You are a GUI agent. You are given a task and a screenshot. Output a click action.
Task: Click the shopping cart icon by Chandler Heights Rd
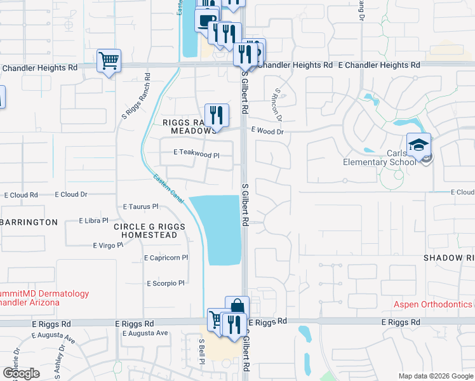click(109, 61)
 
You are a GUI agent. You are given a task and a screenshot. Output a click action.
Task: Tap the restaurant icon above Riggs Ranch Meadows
click(217, 115)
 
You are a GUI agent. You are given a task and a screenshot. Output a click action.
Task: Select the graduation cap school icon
click(419, 145)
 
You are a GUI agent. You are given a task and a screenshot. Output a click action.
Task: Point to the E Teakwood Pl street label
click(196, 153)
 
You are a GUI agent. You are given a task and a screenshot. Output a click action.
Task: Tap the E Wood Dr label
click(267, 130)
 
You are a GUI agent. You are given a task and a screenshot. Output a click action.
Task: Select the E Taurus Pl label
click(140, 207)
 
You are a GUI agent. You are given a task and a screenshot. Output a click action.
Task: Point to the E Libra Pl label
click(93, 220)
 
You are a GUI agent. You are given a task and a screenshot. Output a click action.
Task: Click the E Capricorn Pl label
click(166, 258)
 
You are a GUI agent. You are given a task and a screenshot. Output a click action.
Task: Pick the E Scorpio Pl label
click(165, 283)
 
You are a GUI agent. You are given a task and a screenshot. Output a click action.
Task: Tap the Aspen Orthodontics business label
click(433, 304)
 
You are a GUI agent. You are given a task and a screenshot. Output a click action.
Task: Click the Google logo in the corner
click(21, 373)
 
